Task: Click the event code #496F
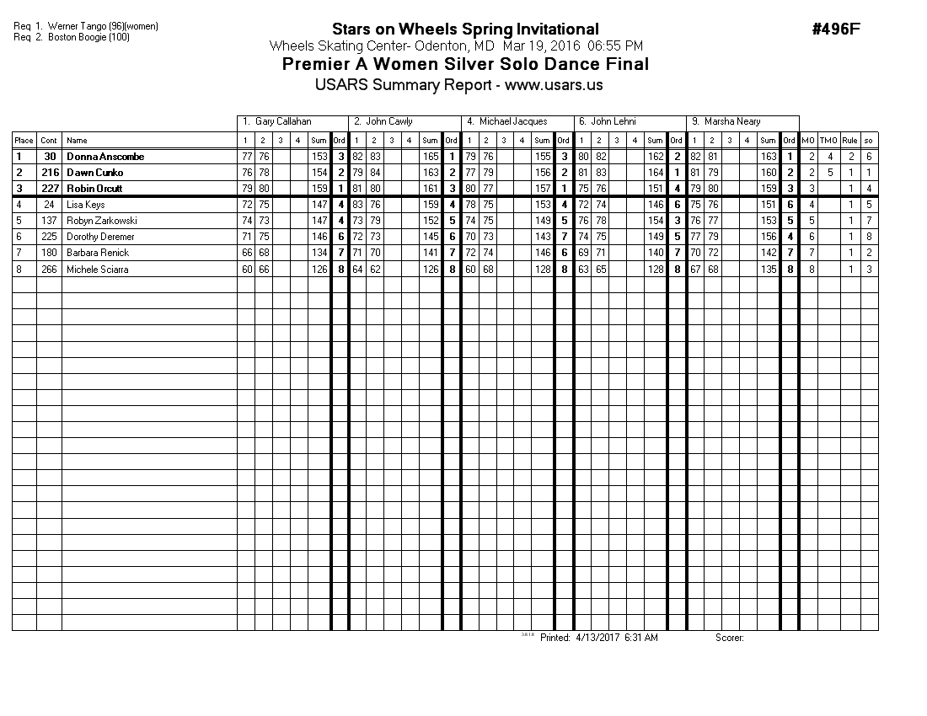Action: (836, 29)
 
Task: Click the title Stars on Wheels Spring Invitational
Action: (465, 29)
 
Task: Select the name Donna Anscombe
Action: (105, 157)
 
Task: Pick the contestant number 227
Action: (49, 189)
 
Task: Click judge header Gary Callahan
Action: (283, 121)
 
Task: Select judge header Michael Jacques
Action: (513, 121)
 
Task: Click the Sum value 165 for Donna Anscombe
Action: (430, 157)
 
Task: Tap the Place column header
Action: (24, 141)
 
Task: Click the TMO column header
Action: (829, 141)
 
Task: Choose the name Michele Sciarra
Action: (98, 269)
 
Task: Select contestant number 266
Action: (49, 269)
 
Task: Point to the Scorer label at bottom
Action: (729, 638)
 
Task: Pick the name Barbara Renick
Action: (98, 253)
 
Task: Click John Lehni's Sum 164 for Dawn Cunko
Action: (656, 173)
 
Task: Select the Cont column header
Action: (49, 141)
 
